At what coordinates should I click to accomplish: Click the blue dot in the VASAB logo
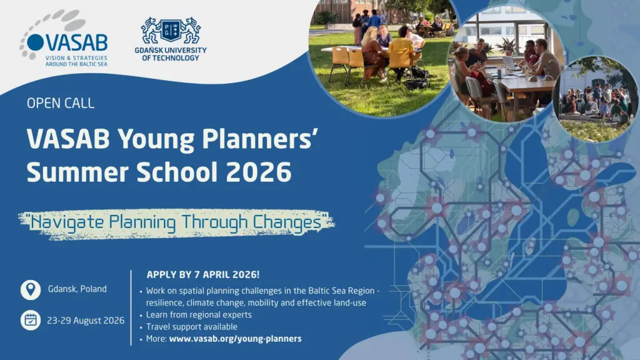click(x=36, y=42)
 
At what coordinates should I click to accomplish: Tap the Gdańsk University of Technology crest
click(x=171, y=30)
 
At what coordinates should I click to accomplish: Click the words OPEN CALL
click(x=61, y=103)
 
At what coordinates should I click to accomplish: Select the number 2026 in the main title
click(x=259, y=172)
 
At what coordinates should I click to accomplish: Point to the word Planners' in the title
click(x=260, y=139)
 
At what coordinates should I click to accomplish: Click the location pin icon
click(x=31, y=290)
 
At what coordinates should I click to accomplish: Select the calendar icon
click(x=31, y=320)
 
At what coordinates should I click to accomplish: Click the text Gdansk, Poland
click(x=77, y=289)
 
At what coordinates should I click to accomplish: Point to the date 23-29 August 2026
click(x=86, y=321)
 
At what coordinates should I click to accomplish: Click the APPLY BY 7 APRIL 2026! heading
click(x=203, y=275)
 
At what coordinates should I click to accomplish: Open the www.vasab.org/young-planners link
click(x=236, y=339)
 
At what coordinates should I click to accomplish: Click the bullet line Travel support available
click(x=191, y=327)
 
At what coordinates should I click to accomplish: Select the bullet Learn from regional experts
click(x=199, y=315)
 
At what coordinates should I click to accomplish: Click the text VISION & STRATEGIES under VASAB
click(x=76, y=58)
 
